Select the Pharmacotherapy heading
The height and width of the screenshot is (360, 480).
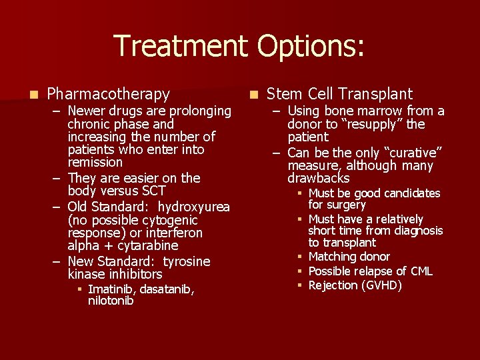click(x=108, y=94)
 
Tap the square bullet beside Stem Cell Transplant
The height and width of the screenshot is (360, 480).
click(x=253, y=95)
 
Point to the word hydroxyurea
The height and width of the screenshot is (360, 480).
click(x=194, y=207)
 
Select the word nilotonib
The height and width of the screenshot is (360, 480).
click(x=111, y=301)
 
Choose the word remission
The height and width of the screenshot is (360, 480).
click(x=95, y=162)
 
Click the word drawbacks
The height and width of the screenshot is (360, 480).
click(x=318, y=179)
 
